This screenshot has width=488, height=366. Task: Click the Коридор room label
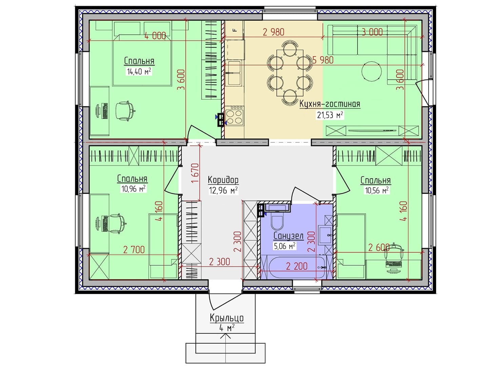click(223, 180)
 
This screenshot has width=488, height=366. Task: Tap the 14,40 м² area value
click(139, 72)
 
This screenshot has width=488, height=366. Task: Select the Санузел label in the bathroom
click(288, 236)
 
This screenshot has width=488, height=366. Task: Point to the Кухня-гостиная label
click(330, 104)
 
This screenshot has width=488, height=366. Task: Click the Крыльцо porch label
click(227, 318)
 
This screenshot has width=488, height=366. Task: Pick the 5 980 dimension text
click(323, 60)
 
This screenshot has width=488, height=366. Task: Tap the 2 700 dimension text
click(134, 250)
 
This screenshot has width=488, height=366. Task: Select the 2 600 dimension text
click(379, 247)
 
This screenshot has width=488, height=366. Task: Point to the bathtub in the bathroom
click(297, 267)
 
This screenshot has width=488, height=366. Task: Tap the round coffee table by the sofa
click(372, 71)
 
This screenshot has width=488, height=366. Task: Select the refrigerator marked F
click(234, 30)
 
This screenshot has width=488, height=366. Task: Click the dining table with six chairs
click(290, 73)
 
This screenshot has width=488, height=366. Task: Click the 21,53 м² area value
click(330, 115)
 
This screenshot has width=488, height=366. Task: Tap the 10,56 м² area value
click(377, 190)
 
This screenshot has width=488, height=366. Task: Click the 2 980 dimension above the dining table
click(273, 32)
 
